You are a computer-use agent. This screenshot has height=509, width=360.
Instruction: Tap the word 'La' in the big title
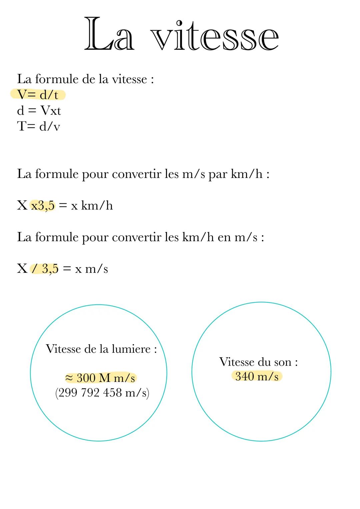tap(109, 35)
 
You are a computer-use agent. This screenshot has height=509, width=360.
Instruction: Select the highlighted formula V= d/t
tap(38, 95)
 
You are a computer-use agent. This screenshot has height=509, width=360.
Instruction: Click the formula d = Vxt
tap(39, 111)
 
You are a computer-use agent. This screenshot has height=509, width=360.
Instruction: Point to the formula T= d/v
tap(39, 126)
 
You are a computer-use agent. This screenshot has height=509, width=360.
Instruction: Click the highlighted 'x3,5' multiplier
tap(43, 205)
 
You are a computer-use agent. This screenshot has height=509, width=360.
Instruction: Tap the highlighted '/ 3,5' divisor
tap(45, 269)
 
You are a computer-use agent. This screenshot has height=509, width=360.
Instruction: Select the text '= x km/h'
tap(86, 206)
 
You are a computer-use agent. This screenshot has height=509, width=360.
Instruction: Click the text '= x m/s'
tap(85, 269)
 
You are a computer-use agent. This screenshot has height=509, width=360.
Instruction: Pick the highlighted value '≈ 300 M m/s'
tap(100, 378)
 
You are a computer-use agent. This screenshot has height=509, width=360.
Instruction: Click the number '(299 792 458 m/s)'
tap(102, 393)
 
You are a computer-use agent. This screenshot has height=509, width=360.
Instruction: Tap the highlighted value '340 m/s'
tap(257, 376)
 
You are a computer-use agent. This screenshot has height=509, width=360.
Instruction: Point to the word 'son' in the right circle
tap(282, 362)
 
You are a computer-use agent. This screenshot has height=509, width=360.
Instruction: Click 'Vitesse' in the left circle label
tap(63, 349)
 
